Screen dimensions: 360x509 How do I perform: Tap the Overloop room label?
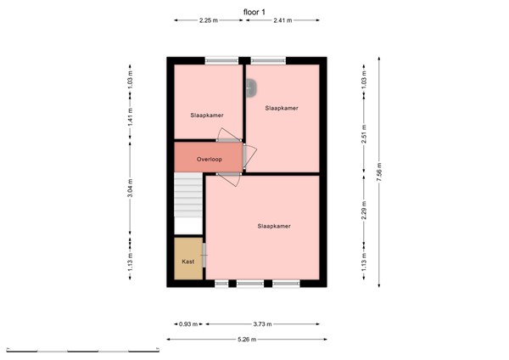tap(209, 159)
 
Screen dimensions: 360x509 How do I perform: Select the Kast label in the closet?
tap(188, 262)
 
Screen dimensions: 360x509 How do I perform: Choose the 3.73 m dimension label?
tap(263, 323)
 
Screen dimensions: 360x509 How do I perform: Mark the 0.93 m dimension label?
tap(187, 323)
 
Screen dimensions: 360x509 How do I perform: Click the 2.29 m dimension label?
tap(364, 211)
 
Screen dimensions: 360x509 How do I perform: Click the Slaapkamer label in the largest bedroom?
tap(275, 226)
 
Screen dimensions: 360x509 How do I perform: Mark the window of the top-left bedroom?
tap(221, 60)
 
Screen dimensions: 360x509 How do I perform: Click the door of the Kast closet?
tap(204, 256)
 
